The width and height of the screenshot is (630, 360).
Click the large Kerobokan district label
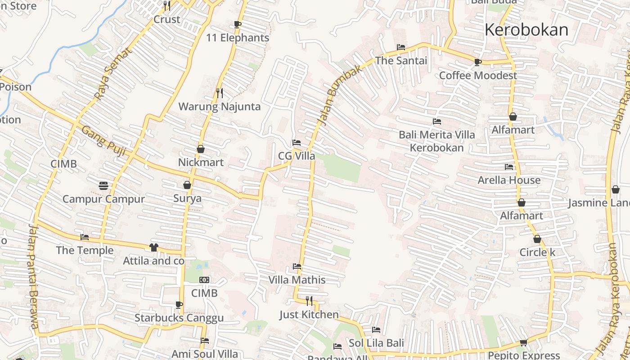pos(526,30)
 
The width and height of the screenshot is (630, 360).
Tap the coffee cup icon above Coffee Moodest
pos(477,62)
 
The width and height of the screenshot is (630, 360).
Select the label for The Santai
pos(401,60)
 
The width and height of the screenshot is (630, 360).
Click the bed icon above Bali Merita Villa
pos(436,121)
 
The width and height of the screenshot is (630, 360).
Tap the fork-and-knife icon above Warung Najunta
pos(219,93)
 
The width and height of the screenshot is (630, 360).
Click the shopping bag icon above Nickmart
pos(201,148)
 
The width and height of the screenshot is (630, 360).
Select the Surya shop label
pos(187,198)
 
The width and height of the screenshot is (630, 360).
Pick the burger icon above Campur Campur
pos(103,185)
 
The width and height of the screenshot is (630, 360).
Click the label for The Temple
pos(85,250)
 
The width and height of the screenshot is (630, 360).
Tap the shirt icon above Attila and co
pos(154,247)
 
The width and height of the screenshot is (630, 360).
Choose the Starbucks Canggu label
pos(179,318)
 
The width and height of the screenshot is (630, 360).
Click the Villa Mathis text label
pos(297,280)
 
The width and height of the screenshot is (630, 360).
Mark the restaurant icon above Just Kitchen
pos(309,301)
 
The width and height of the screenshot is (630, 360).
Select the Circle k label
pos(537,252)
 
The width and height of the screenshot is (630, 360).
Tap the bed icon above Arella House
pos(509,166)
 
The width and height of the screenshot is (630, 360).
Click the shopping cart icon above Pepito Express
pos(523,342)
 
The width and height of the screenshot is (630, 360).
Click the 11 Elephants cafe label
pos(238,38)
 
